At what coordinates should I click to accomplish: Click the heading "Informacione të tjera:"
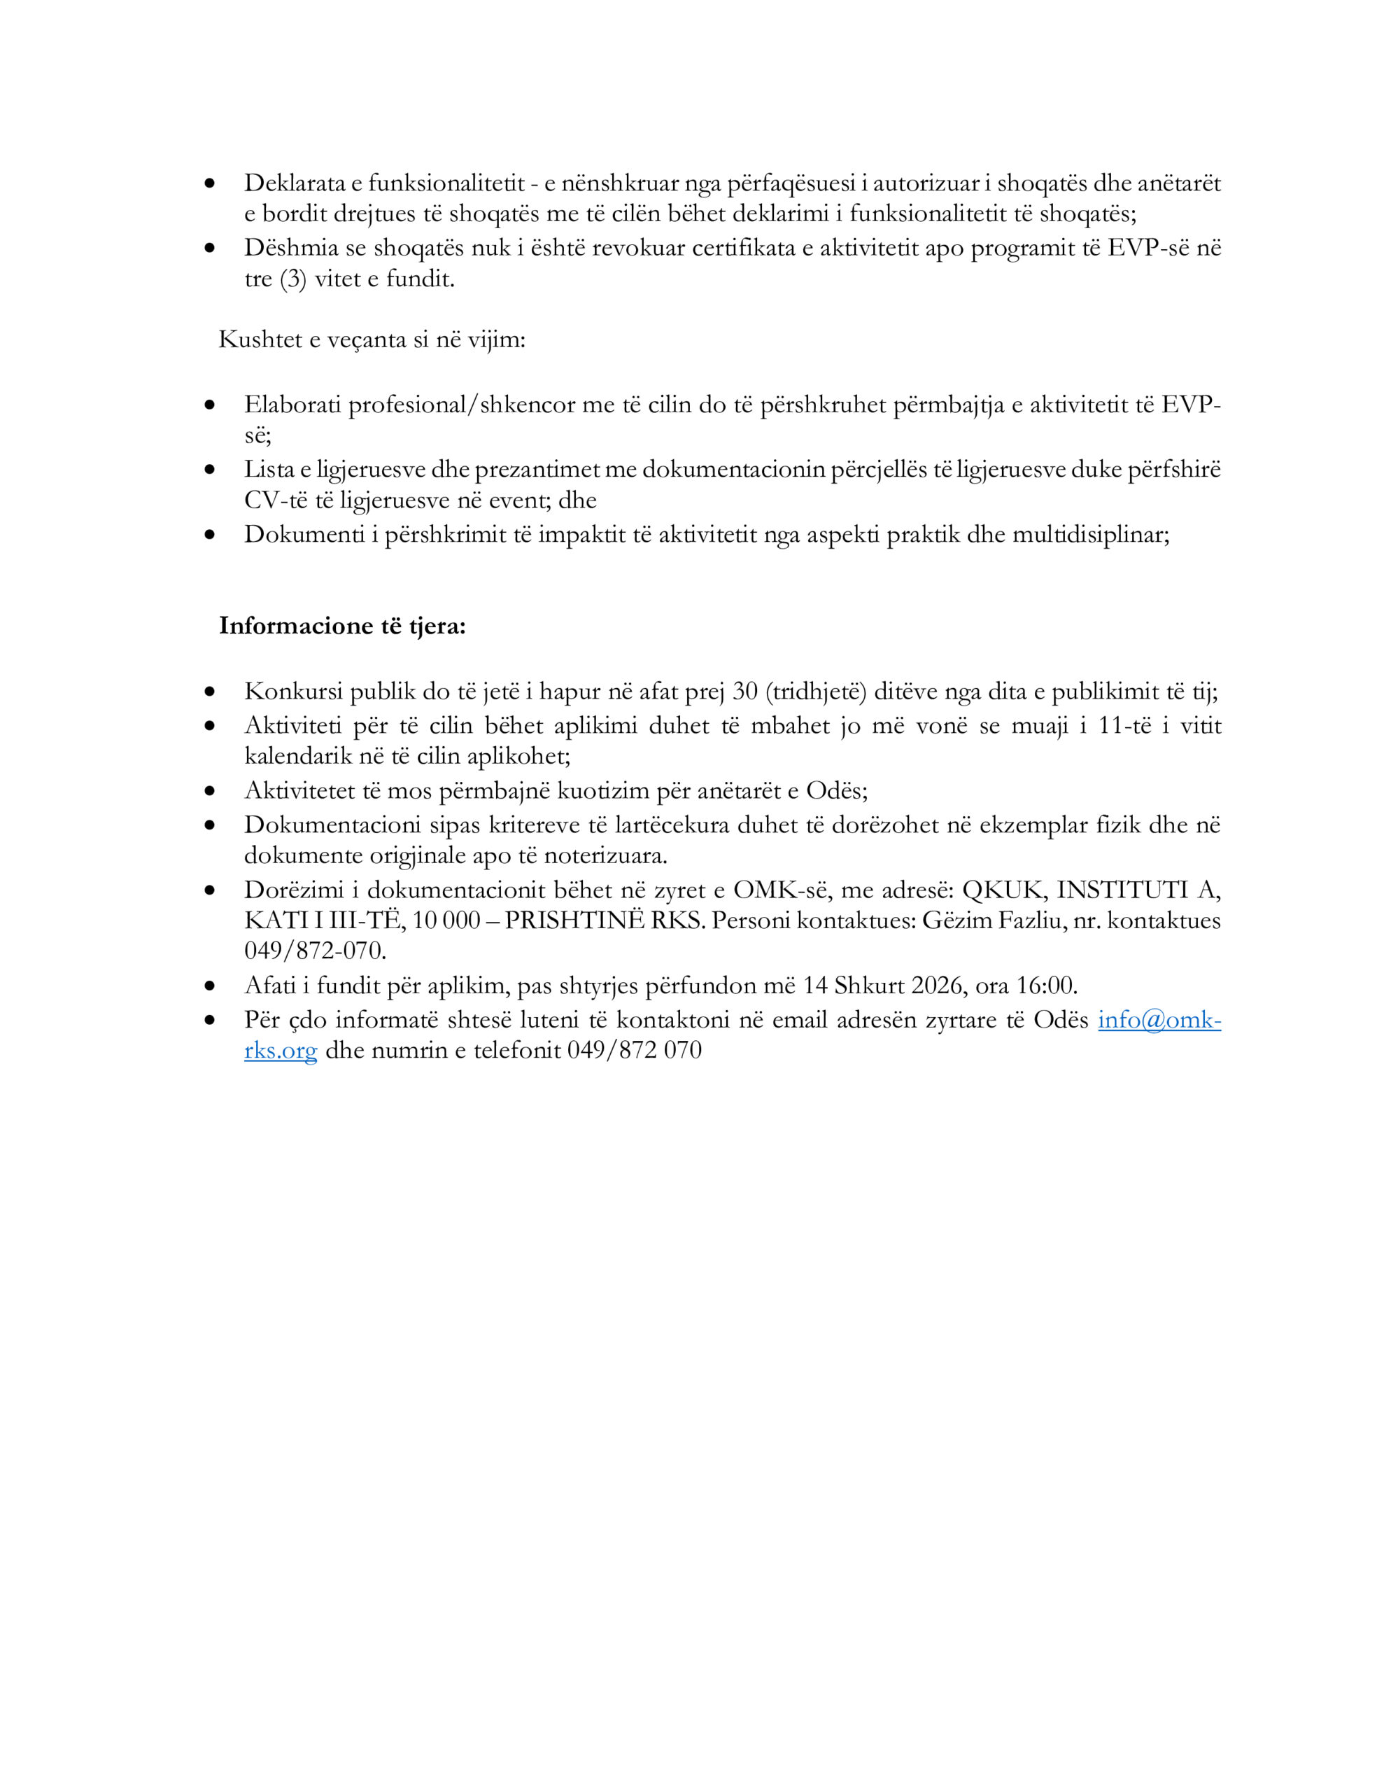pyautogui.click(x=342, y=626)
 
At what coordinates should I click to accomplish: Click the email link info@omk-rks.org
pyautogui.click(x=1159, y=1020)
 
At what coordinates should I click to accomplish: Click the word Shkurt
pyautogui.click(x=870, y=986)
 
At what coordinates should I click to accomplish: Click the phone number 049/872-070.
pyautogui.click(x=315, y=951)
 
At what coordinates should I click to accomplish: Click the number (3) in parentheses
pyautogui.click(x=293, y=280)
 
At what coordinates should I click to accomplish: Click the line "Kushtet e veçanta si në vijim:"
pyautogui.click(x=372, y=339)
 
